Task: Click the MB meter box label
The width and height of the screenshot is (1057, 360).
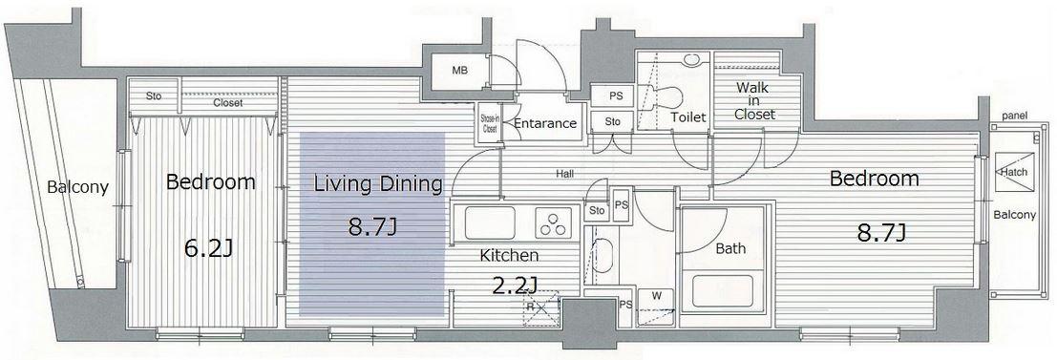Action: coord(459,71)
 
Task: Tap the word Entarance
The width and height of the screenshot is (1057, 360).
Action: coord(544,123)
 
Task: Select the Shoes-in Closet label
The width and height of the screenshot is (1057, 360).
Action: coord(489,121)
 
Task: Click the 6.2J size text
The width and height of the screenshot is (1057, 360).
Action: coord(208,249)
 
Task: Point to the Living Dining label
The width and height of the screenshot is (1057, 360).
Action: coord(378,184)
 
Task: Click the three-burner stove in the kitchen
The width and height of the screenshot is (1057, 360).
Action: coord(553,222)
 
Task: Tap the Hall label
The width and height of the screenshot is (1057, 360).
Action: coord(565,174)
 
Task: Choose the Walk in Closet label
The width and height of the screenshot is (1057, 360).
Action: coord(754,101)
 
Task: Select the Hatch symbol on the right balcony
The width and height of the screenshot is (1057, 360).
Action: coord(1013,172)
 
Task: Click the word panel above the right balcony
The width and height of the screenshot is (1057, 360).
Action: coord(1014,116)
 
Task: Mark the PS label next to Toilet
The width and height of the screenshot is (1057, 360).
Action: coord(616,96)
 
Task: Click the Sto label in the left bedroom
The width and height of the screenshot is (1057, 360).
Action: coord(154,96)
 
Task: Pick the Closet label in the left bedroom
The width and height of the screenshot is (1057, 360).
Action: coord(228,103)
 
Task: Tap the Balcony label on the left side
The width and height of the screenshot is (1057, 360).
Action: coord(77,187)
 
